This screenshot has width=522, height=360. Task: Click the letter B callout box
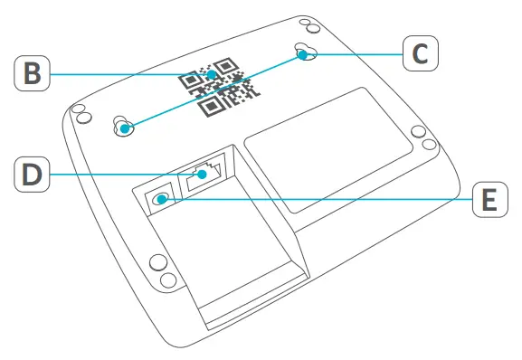[x=33, y=73]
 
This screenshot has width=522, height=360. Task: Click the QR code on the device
[x=217, y=86]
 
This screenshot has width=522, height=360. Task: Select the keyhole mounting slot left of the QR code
[x=122, y=127]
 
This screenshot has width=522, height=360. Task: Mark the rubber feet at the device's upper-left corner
[x=80, y=115]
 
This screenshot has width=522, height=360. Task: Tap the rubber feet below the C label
[x=417, y=133]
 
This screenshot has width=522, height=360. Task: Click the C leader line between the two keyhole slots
[x=213, y=91]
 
